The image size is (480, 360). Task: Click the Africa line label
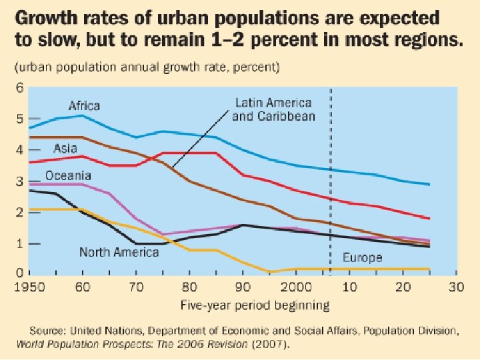(84, 105)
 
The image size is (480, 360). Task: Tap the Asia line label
(65, 148)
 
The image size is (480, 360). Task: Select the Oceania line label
(68, 176)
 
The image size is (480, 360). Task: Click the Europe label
(362, 257)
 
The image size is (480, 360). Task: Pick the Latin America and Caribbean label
(273, 109)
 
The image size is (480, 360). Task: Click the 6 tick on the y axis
(19, 87)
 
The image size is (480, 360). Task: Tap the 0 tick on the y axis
(19, 273)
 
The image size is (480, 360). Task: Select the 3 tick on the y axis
(19, 181)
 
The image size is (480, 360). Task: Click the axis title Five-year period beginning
(256, 305)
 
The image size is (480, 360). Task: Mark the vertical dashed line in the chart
(331, 200)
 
